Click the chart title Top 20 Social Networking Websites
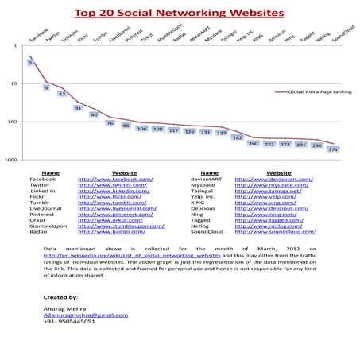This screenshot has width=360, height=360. point(180,14)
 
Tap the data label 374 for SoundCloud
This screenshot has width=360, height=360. point(332,149)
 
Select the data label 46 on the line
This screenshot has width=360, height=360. point(94,114)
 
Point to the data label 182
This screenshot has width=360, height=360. point(237,137)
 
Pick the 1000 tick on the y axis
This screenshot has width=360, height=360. point(11,160)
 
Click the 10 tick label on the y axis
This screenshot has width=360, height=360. point(14,83)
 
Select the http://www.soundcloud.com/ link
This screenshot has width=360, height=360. point(275,231)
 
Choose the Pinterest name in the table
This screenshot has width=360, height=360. point(53,215)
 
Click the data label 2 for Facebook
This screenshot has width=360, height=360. point(30,62)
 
